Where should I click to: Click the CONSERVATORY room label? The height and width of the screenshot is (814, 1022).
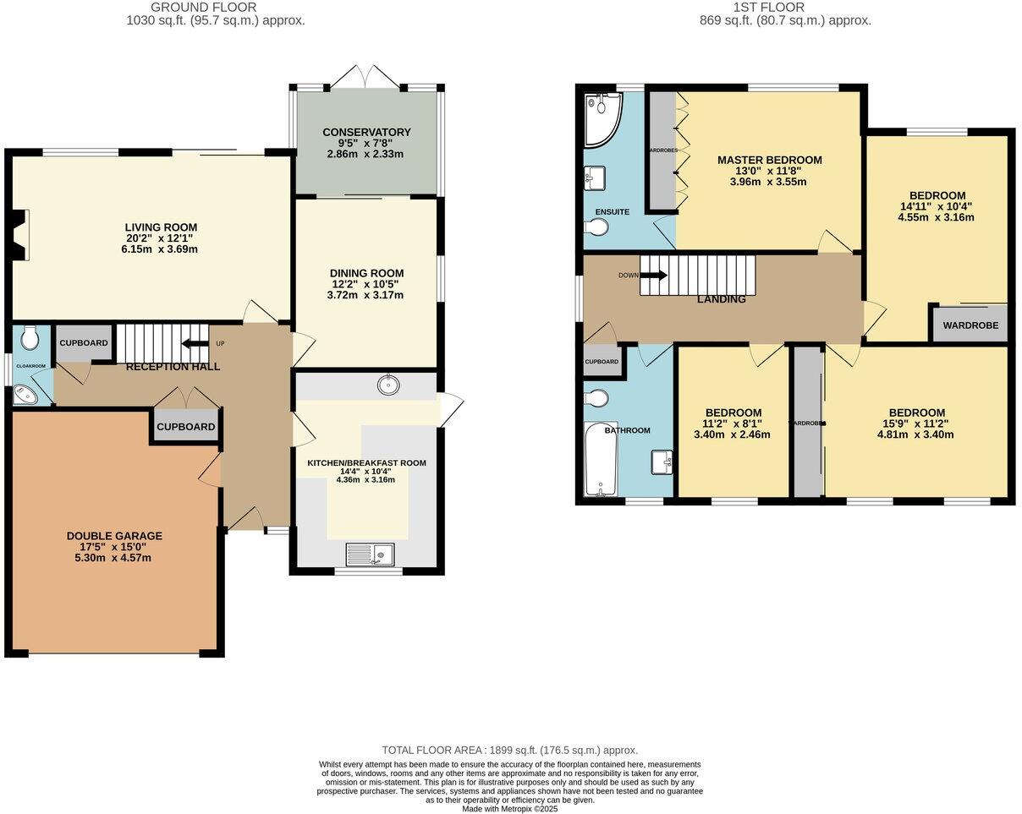tap(365, 132)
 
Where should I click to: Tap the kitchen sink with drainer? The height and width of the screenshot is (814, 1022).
tap(371, 555)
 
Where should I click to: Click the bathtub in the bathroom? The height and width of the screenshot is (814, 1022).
tap(602, 458)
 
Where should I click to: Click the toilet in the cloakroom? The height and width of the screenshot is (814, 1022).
tap(31, 339)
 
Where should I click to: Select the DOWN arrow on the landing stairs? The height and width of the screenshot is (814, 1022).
tap(653, 275)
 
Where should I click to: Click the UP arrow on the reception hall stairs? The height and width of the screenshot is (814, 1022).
tap(194, 343)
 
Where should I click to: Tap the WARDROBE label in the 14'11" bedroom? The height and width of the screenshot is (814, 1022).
tap(970, 325)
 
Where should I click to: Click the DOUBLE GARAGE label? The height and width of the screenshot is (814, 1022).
tap(114, 536)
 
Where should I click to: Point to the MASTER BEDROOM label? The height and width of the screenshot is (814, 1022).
tap(769, 160)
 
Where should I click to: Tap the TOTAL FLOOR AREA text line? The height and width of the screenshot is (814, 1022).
tap(509, 750)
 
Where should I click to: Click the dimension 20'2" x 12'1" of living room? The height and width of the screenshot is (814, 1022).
tap(161, 238)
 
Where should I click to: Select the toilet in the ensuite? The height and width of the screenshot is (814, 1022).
tap(598, 227)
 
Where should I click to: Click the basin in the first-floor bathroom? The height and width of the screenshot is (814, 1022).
tap(662, 462)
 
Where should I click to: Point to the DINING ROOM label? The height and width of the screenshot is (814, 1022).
tap(366, 273)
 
